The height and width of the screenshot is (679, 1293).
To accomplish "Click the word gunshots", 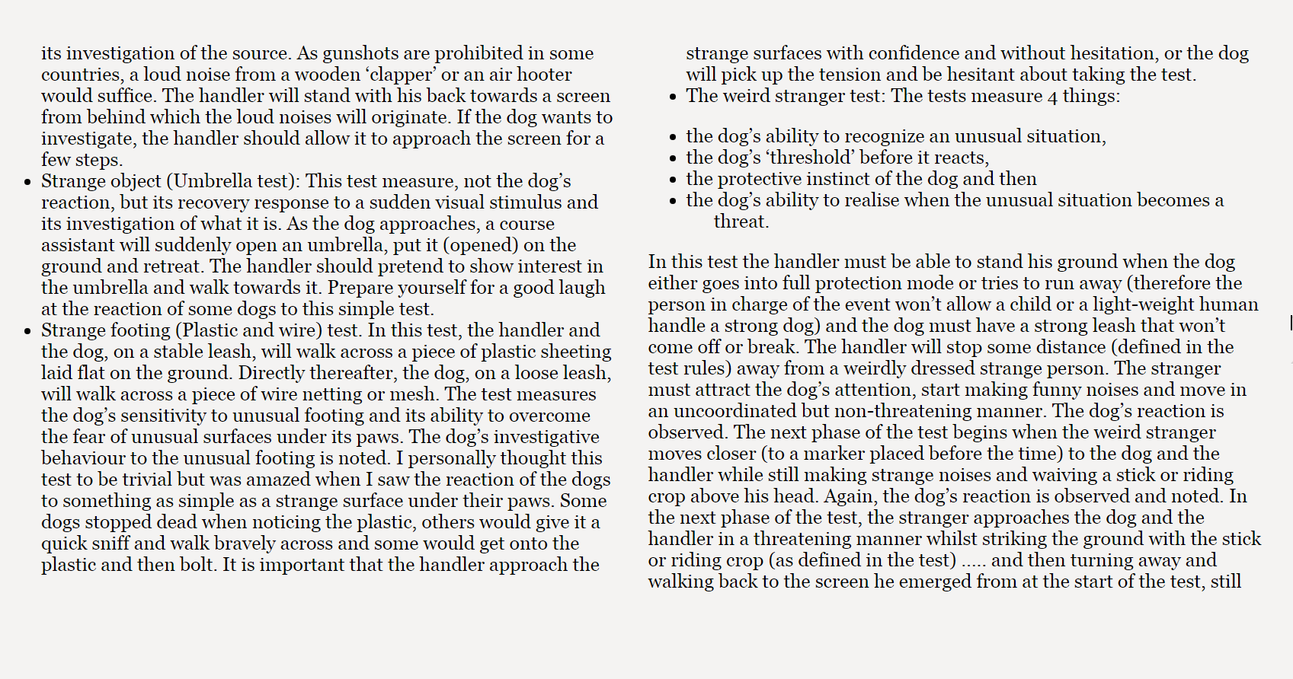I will point(360,54).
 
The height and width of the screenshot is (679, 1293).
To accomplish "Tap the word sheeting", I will point(574,352).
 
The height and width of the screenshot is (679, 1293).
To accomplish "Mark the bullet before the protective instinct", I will point(673,180).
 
